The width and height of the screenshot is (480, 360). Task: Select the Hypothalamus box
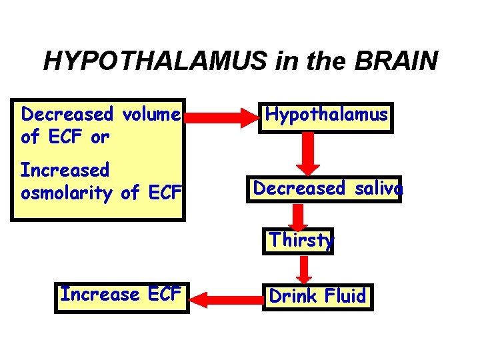tap(326, 115)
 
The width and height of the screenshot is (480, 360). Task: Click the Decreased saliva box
tap(327, 189)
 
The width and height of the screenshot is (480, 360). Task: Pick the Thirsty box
tap(299, 240)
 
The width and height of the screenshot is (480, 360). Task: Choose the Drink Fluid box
tap(318, 297)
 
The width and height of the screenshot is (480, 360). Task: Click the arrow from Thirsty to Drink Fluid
tap(305, 268)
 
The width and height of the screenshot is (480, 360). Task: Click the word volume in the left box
tap(151, 115)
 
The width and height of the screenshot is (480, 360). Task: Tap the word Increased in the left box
tap(65, 171)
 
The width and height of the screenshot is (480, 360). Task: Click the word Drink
tap(291, 297)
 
